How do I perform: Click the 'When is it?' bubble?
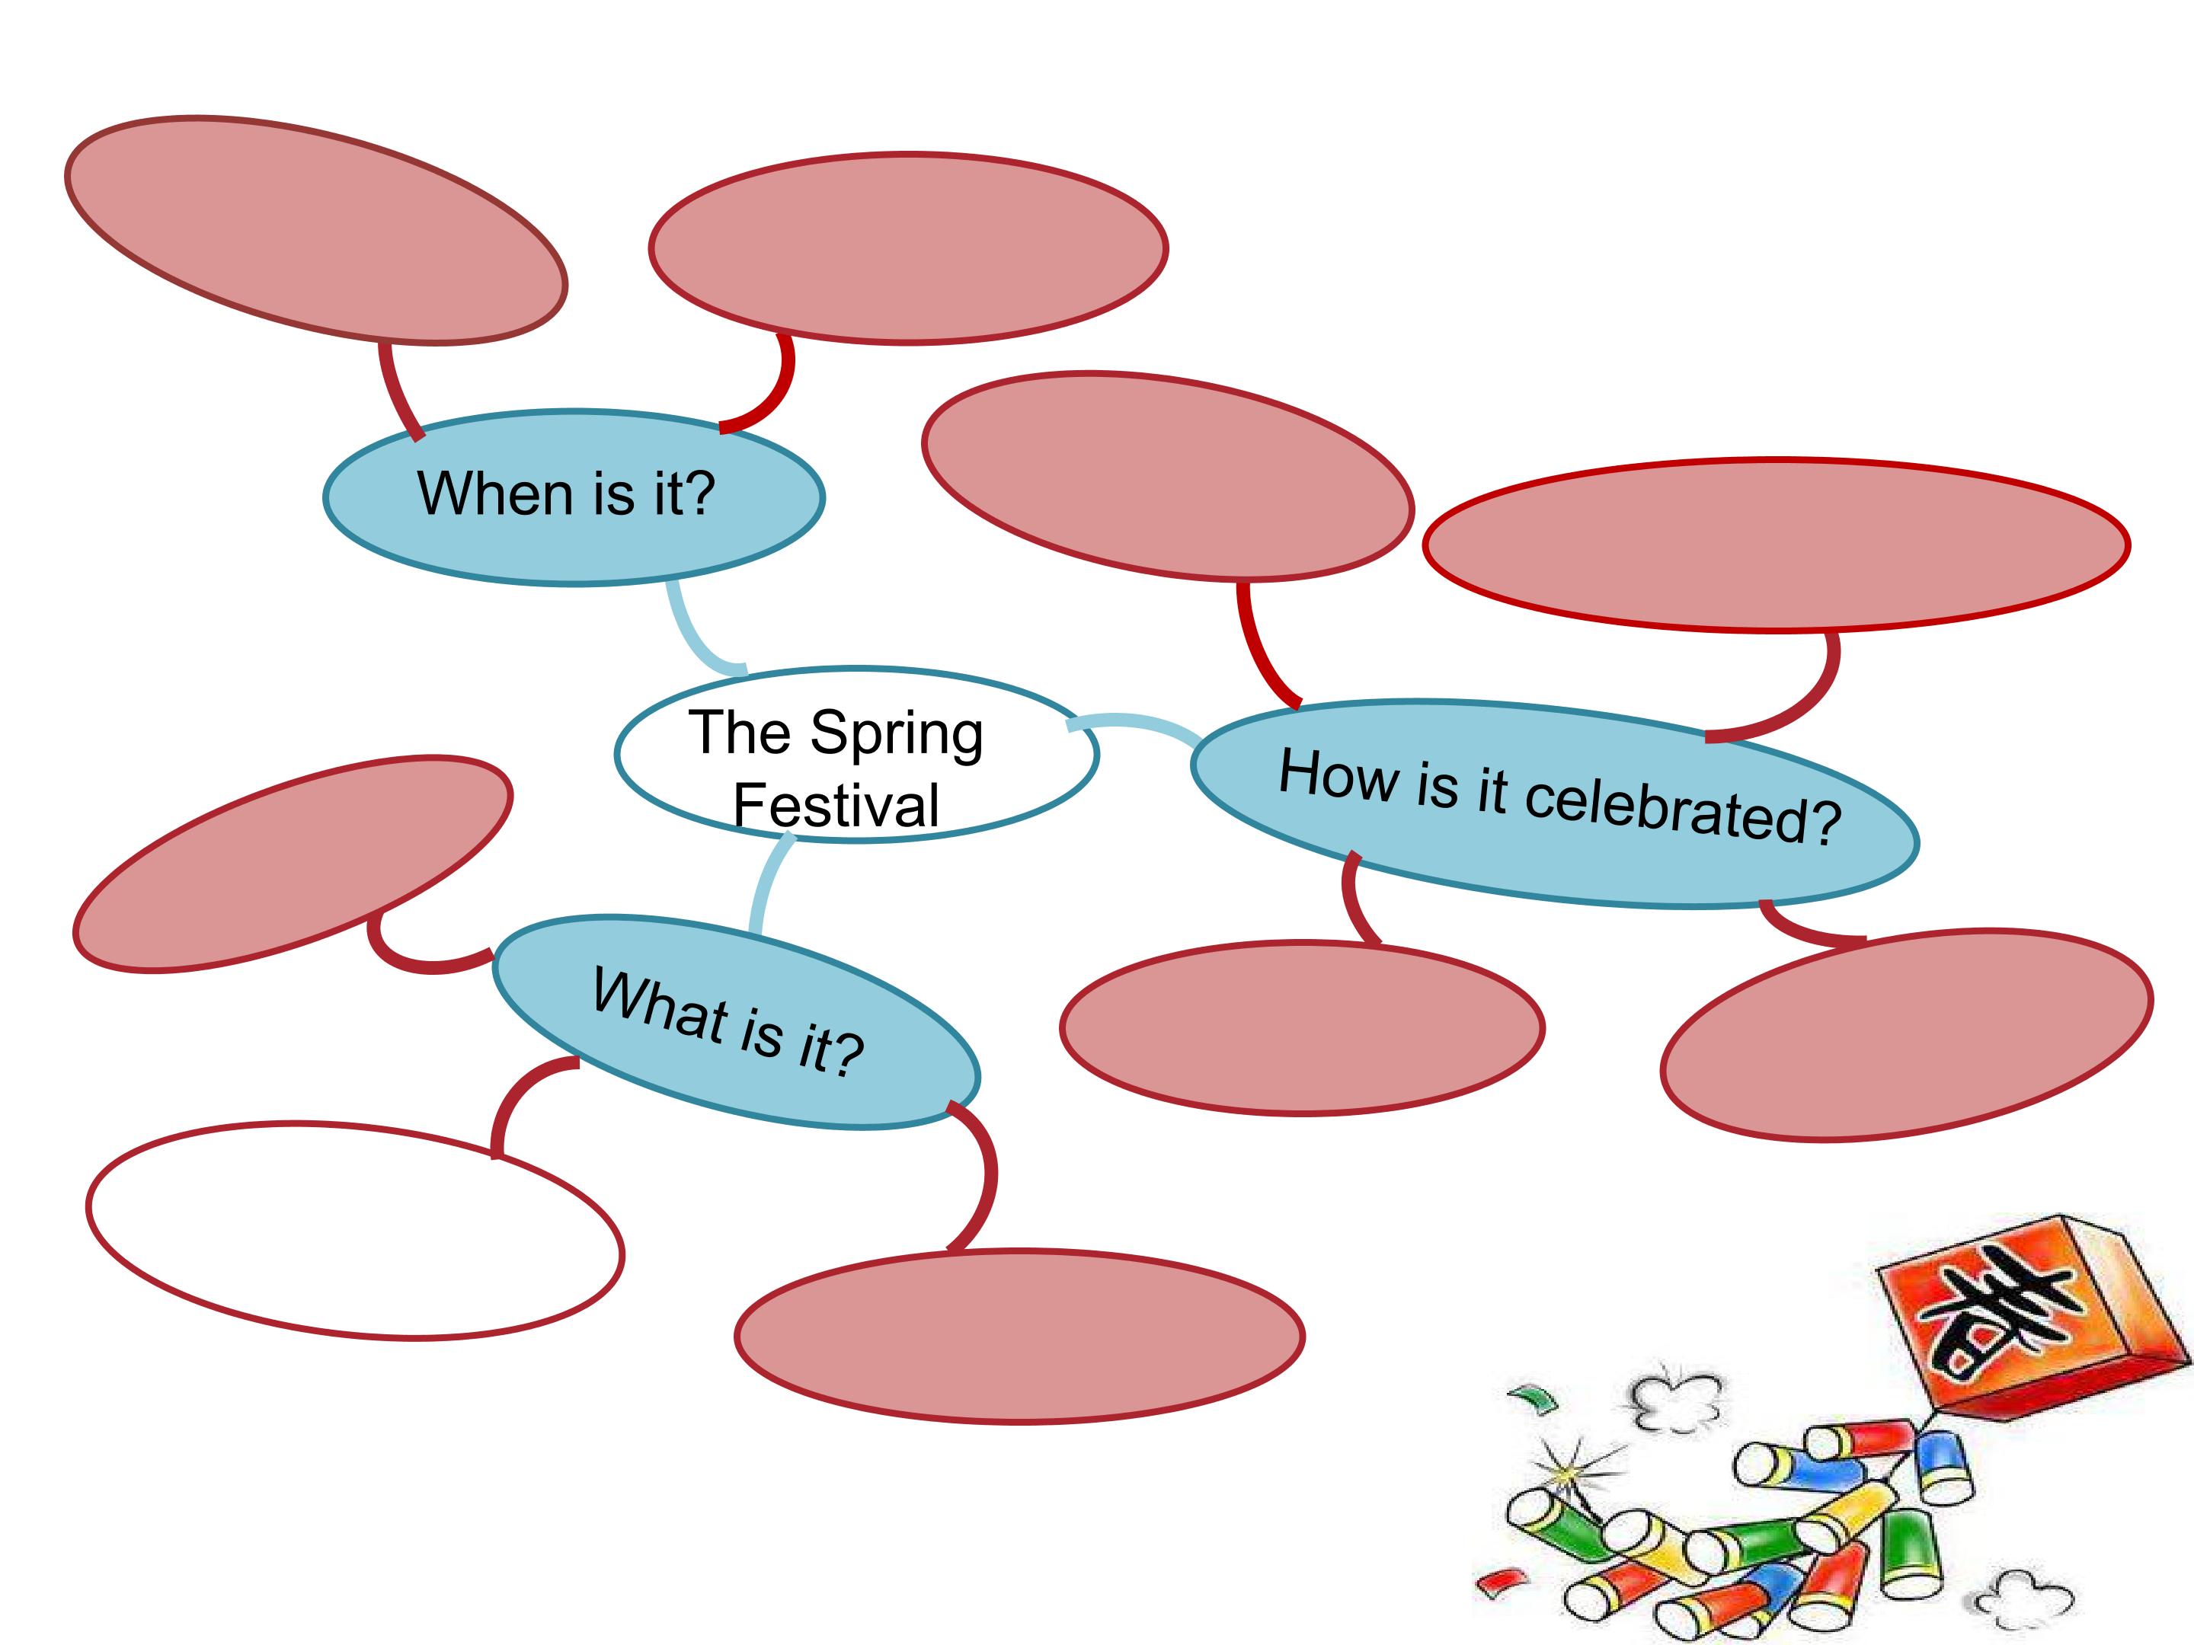coord(574,535)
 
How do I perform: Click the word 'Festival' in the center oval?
coord(836,804)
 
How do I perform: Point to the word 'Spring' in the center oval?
coord(897,733)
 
